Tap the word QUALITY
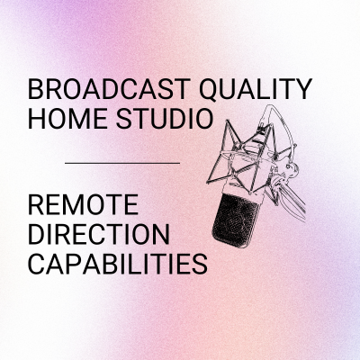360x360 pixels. coord(256,90)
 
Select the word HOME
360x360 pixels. coord(67,118)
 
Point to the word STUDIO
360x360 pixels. coord(165,118)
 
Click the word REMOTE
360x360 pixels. coord(83,204)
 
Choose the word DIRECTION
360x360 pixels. coord(99,233)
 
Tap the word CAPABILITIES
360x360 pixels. coord(118,263)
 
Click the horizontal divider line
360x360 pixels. coord(122,163)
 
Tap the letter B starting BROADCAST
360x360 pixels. coord(36,89)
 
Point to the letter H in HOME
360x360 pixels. coord(36,118)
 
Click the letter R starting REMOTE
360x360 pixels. coord(36,204)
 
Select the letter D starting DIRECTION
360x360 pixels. coord(36,233)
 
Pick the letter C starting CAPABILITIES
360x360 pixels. coord(37,263)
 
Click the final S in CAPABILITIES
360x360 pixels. coord(200,263)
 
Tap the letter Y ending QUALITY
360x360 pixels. coord(303,89)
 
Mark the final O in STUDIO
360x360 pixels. coord(204,118)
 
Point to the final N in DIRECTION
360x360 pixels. coord(162,233)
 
